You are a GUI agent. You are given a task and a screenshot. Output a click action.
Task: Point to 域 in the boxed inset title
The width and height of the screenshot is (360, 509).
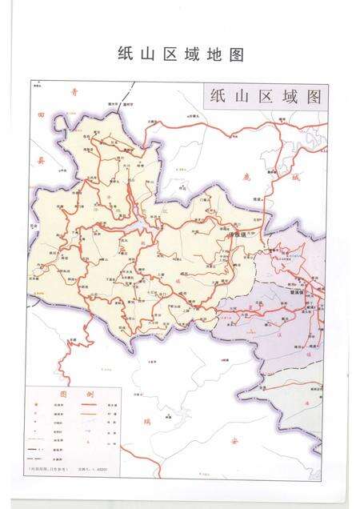tap(287, 97)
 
